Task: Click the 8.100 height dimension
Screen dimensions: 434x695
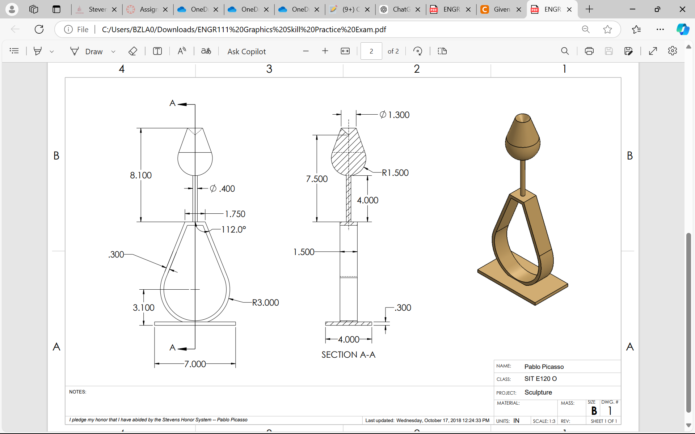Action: [141, 175]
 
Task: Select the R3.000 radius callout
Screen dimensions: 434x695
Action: [265, 303]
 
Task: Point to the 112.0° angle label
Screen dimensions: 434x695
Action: [233, 230]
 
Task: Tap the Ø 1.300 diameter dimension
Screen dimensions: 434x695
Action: [395, 115]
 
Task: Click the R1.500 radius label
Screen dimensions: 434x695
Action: [395, 173]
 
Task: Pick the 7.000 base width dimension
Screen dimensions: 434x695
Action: [195, 364]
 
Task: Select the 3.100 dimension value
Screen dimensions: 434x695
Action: [143, 308]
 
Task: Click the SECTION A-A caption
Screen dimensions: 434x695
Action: [348, 355]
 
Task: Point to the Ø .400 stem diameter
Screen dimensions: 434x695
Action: [223, 189]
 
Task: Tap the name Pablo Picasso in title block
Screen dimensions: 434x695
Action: [544, 367]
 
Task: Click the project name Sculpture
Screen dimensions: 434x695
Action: [538, 392]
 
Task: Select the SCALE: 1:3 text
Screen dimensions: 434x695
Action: [544, 421]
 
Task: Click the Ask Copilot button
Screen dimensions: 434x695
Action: [247, 51]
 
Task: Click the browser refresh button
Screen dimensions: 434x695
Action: [39, 29]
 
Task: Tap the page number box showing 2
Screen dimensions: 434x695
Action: [371, 51]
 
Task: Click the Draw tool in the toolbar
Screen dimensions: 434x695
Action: [87, 51]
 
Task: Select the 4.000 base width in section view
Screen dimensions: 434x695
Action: [349, 340]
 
